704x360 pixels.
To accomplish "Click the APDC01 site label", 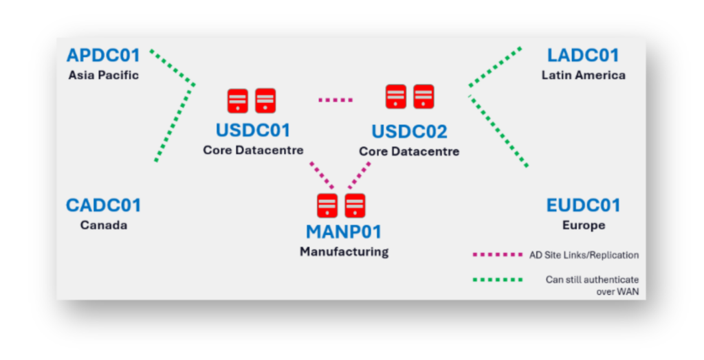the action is click(x=103, y=55).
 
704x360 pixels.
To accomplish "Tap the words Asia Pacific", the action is click(x=103, y=75).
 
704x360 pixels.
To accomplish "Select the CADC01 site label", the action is click(x=103, y=205).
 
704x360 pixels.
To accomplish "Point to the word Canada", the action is click(x=103, y=225).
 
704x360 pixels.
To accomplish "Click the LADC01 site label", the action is click(x=583, y=55).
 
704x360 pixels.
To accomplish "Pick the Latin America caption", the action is click(x=583, y=75).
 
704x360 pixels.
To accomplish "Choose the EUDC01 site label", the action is click(x=583, y=205).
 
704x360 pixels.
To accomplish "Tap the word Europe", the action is click(x=583, y=225).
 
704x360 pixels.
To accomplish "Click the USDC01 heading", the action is click(x=253, y=130).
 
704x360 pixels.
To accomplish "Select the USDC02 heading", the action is click(x=409, y=131).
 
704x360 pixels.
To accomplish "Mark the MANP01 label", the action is click(x=344, y=232).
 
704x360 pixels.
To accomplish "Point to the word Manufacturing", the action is click(x=344, y=252).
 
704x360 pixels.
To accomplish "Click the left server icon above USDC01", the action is click(x=237, y=100).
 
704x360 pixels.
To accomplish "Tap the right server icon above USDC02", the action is click(x=423, y=96).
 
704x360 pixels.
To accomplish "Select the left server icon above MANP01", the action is click(x=327, y=205).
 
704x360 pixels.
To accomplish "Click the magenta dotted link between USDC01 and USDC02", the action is click(x=335, y=100).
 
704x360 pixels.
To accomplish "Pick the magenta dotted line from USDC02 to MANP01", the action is click(x=359, y=175).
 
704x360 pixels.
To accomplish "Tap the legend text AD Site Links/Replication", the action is click(x=584, y=255).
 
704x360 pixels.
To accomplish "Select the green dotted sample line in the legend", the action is click(x=498, y=280).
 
